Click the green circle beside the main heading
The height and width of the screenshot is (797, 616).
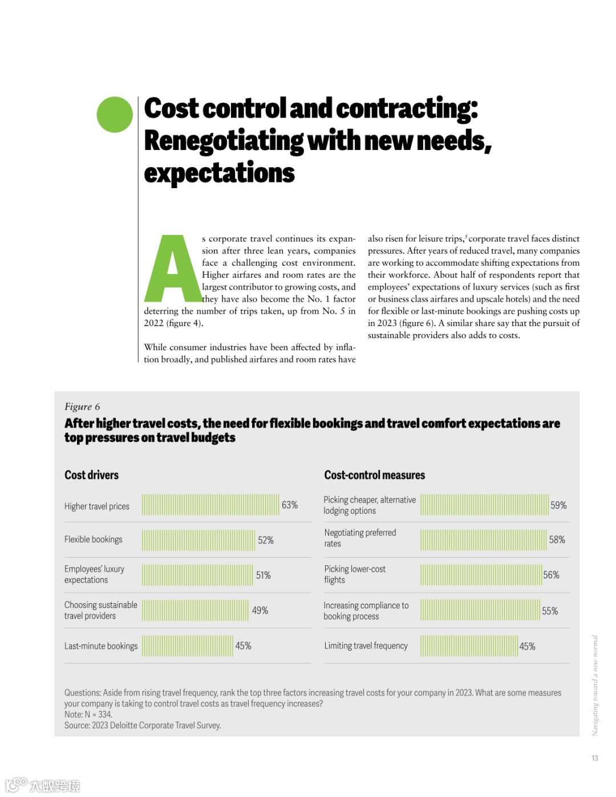[x=115, y=115]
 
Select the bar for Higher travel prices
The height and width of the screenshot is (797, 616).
[x=210, y=505]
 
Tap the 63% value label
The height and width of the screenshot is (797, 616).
[x=290, y=505]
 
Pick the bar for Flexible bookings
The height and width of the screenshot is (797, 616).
[x=198, y=540]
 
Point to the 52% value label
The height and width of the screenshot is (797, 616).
[x=266, y=540]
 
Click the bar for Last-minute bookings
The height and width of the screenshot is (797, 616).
[x=188, y=646]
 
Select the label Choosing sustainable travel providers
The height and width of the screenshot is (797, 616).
[x=101, y=610]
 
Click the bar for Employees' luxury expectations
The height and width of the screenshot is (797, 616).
[x=197, y=575]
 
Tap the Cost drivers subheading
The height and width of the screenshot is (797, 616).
[x=92, y=475]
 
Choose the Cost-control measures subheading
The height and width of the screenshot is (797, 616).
[x=375, y=475]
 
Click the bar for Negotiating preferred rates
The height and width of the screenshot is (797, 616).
[x=483, y=540]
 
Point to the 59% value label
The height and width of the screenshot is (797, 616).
[x=558, y=505]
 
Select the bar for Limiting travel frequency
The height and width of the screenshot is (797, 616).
[x=469, y=646]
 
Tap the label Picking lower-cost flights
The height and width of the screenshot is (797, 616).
[x=355, y=574]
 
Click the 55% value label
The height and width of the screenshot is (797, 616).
[x=550, y=611]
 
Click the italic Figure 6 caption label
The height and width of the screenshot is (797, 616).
[x=82, y=406]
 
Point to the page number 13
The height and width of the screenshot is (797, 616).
[x=595, y=758]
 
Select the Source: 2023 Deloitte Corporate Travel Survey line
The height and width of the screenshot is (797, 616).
[x=143, y=725]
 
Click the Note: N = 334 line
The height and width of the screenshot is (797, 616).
[x=88, y=714]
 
